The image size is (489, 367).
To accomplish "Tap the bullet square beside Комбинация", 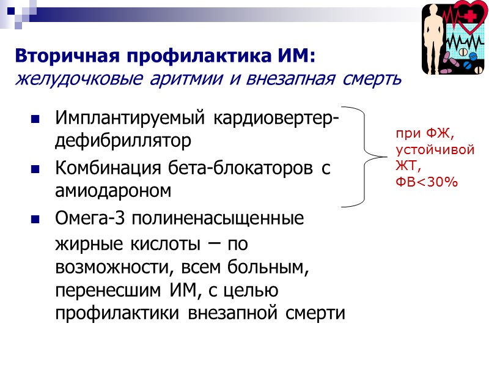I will click(x=35, y=168).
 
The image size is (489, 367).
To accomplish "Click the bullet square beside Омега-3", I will click(x=35, y=218).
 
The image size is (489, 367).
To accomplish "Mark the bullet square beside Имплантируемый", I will click(x=35, y=118).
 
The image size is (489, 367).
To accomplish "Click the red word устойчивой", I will click(x=435, y=149).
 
